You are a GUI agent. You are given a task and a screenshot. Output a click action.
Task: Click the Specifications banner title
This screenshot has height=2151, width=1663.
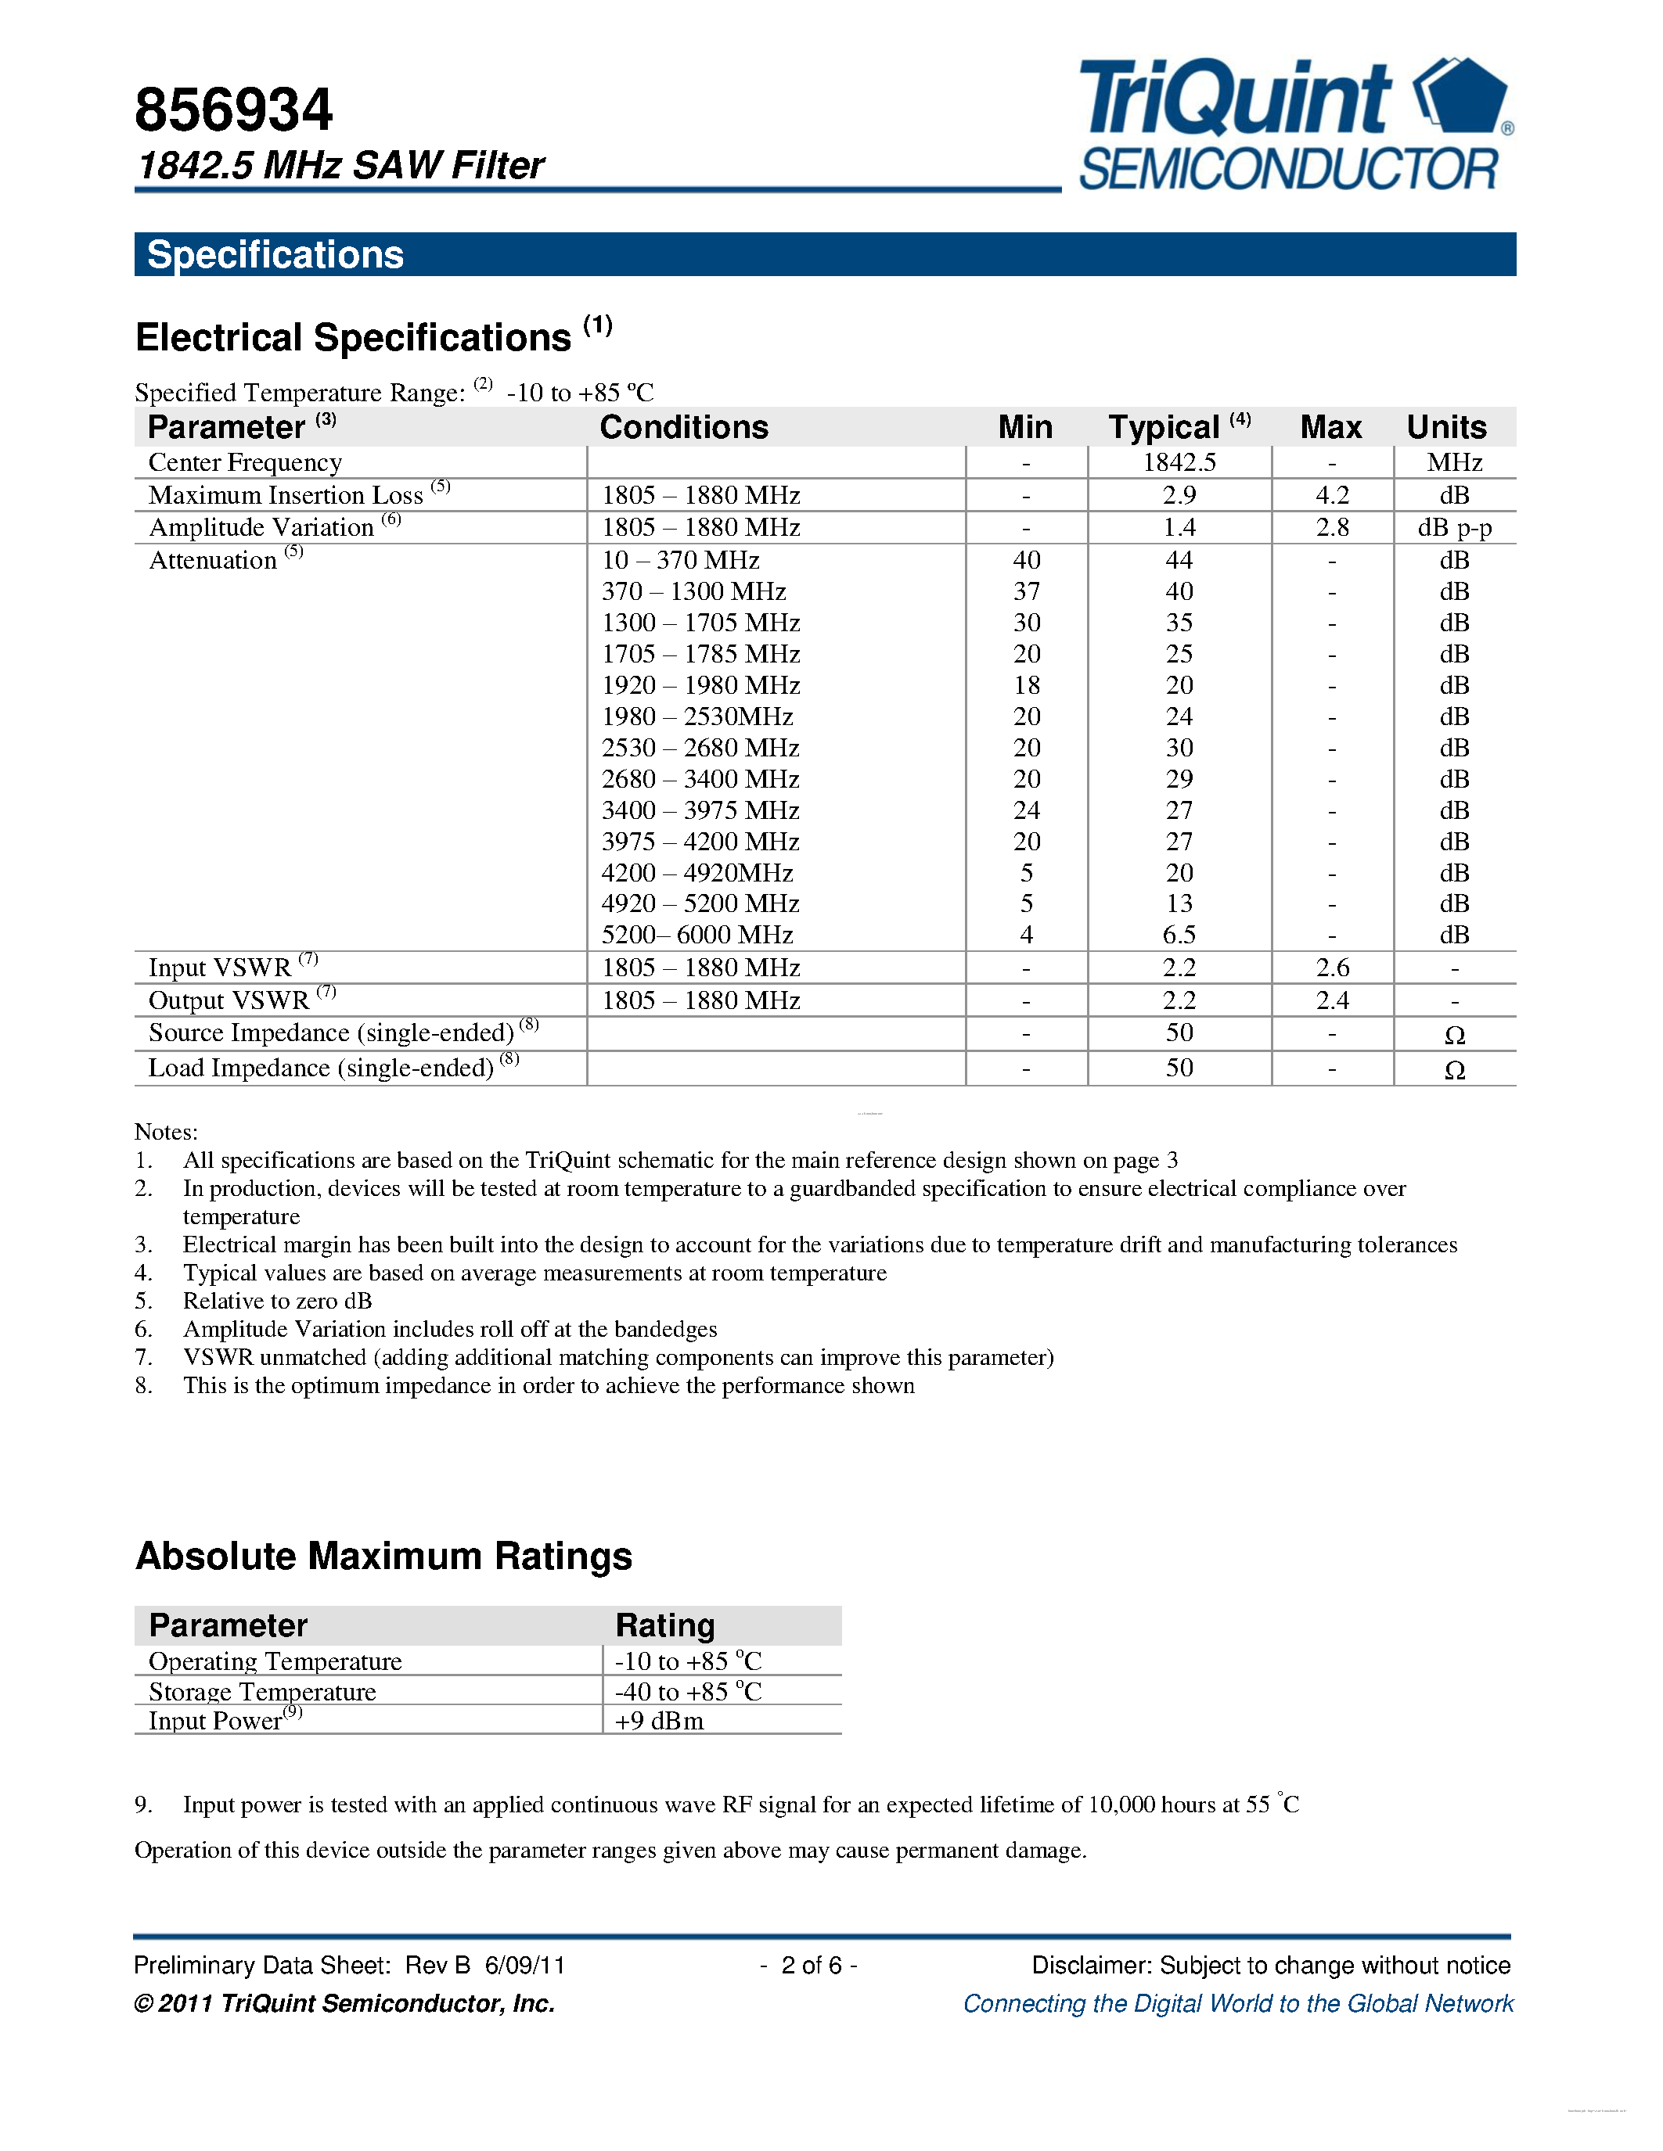click(275, 255)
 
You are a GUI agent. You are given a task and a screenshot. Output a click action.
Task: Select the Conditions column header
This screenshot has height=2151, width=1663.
click(684, 427)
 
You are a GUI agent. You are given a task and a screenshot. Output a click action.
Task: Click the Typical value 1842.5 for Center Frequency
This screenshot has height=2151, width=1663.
click(1179, 462)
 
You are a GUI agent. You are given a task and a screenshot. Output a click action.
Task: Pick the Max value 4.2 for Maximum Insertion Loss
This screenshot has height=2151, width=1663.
click(1332, 494)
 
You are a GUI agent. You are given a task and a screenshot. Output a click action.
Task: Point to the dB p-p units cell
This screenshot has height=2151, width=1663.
click(1454, 527)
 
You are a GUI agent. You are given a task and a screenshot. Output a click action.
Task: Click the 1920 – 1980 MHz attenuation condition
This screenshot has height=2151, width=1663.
click(700, 684)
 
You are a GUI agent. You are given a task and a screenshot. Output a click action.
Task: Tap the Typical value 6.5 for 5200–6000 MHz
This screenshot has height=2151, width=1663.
click(1179, 935)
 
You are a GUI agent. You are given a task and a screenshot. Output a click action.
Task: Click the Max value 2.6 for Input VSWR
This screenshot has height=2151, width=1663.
click(1332, 967)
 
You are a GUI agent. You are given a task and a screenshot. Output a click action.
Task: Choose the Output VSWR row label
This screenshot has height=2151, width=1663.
click(229, 1000)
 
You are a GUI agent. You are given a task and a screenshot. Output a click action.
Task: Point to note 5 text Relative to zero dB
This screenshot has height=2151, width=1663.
click(277, 1301)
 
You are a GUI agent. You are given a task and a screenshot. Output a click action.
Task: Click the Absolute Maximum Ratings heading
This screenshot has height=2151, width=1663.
click(383, 1556)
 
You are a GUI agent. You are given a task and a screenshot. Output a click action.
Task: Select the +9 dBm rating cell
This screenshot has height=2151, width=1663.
click(659, 1721)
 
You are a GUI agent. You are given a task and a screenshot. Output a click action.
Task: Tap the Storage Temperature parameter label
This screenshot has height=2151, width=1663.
click(262, 1691)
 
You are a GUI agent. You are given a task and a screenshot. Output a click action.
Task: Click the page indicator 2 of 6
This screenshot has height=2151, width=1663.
click(811, 1965)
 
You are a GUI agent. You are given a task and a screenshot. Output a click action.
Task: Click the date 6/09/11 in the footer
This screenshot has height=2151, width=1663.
click(525, 1965)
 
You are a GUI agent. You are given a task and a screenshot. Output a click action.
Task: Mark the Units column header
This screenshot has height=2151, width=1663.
click(1446, 427)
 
